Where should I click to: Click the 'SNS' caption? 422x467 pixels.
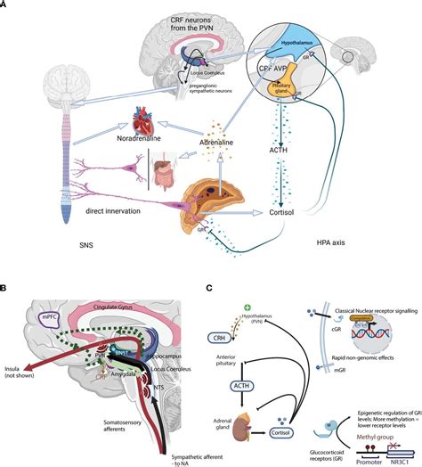(33, 242)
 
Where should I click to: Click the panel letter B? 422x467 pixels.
(6, 289)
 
